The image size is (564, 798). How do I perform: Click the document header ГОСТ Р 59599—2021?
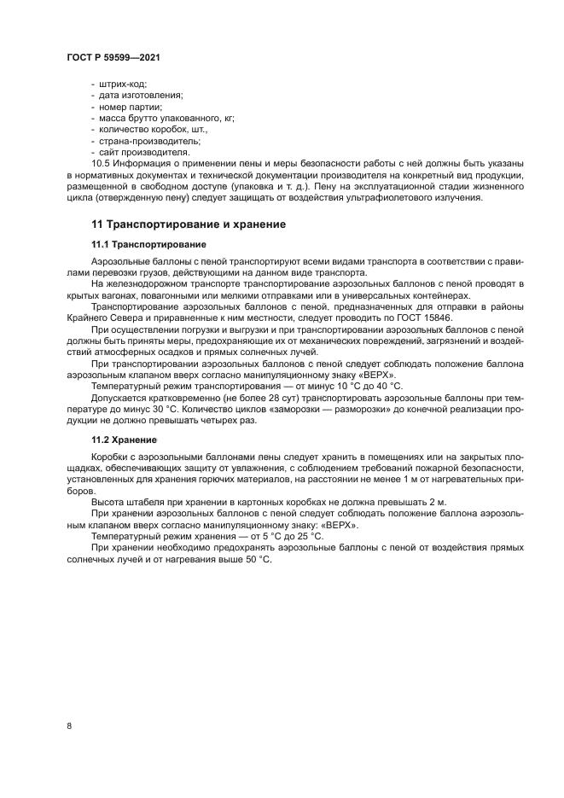pyautogui.click(x=113, y=56)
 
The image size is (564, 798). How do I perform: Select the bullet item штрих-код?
pyautogui.click(x=122, y=84)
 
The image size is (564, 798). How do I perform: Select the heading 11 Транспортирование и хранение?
pyautogui.click(x=188, y=224)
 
